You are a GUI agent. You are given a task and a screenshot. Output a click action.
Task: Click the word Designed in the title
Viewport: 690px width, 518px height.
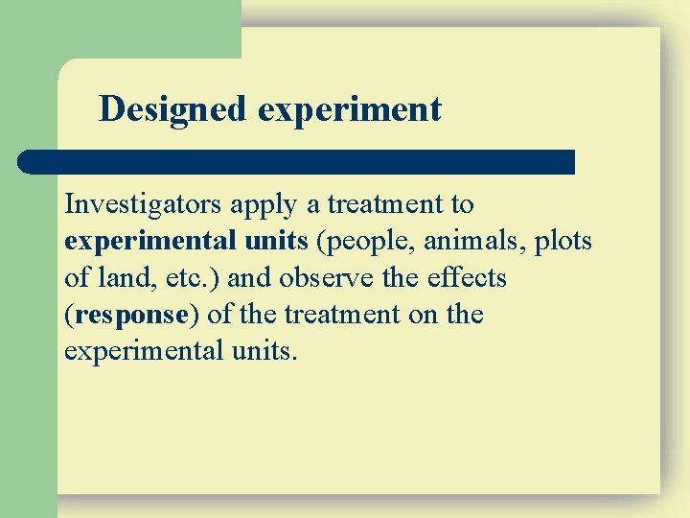(x=173, y=109)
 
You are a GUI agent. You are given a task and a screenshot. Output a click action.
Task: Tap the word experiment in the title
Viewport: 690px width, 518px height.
(x=350, y=109)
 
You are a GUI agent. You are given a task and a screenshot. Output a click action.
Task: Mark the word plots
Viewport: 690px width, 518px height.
(x=563, y=242)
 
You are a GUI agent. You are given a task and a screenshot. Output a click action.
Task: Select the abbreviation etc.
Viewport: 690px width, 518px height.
(x=181, y=278)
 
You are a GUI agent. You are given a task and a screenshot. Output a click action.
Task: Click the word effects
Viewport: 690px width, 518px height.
(x=465, y=278)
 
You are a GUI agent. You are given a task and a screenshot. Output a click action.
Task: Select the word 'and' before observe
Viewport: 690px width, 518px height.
(x=247, y=278)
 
